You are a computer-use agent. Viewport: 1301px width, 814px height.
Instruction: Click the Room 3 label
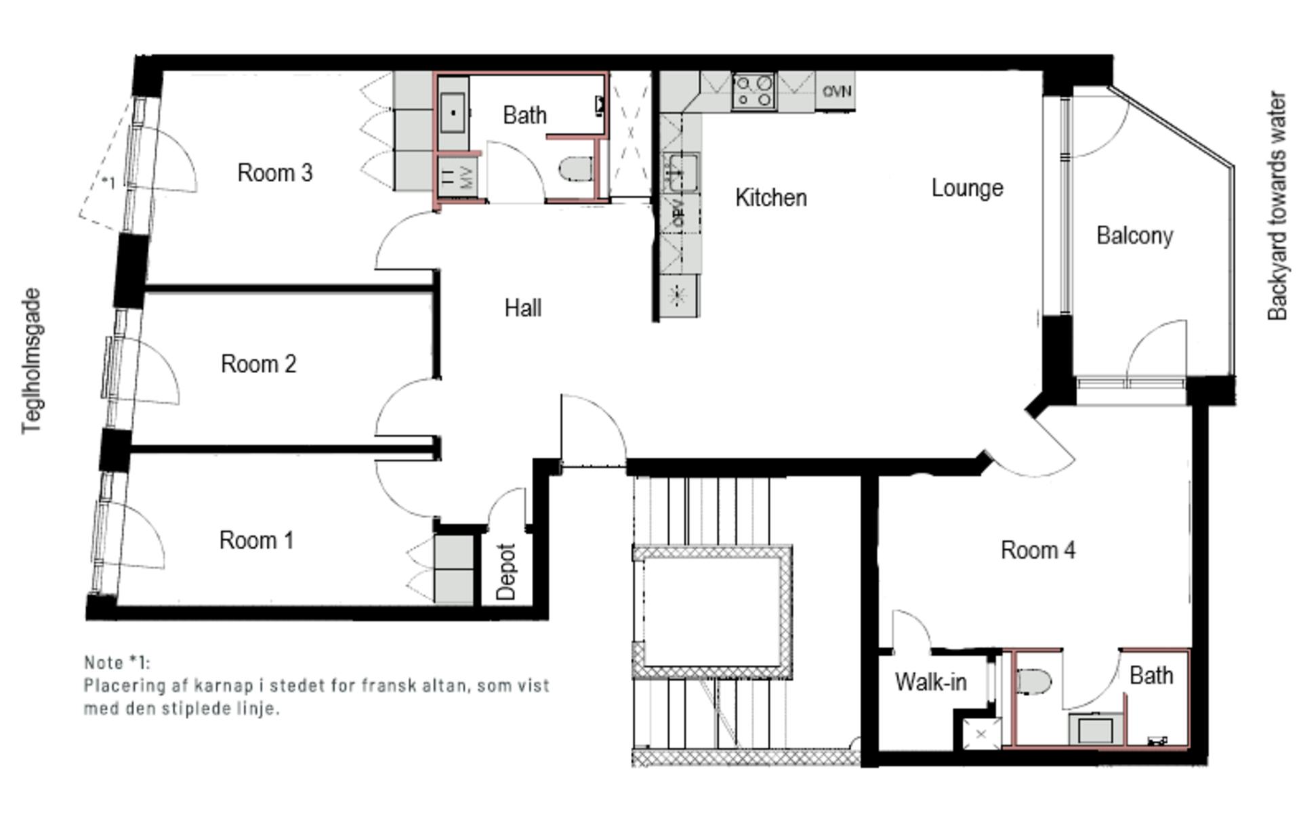coord(274,173)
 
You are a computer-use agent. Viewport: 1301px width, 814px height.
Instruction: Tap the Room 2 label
coord(258,364)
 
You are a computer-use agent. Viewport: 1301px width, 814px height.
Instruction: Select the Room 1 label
coord(256,541)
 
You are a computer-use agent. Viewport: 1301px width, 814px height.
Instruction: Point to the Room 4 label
coord(1037,551)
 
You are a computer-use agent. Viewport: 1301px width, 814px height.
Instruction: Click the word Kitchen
coord(770,198)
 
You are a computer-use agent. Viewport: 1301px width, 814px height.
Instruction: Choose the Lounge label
coord(967,188)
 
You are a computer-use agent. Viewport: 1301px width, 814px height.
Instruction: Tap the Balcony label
coord(1134,236)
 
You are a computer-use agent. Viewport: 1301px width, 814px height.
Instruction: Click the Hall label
coord(522,309)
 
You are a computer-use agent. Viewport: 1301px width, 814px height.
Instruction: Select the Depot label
coord(506,572)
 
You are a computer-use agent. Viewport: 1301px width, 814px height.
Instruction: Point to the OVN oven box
coord(836,91)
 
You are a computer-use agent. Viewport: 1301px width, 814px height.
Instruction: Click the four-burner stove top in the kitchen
coord(754,91)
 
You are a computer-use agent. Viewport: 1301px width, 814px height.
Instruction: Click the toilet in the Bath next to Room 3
coord(576,169)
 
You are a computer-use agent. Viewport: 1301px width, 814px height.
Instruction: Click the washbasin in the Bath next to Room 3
coord(453,113)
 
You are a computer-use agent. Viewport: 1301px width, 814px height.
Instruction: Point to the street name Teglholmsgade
coord(31,361)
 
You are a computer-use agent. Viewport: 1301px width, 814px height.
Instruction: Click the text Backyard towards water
coord(1277,206)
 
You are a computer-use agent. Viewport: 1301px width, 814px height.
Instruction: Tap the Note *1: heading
coord(117,662)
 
